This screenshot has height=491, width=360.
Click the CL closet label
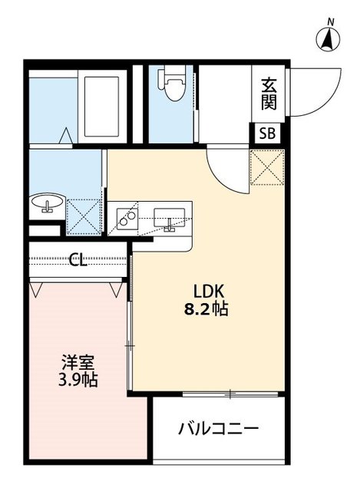coord(78,260)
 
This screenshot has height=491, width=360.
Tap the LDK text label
coord(207,292)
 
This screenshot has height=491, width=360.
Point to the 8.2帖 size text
coord(207,311)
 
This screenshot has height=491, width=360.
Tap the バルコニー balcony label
coord(219,428)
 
